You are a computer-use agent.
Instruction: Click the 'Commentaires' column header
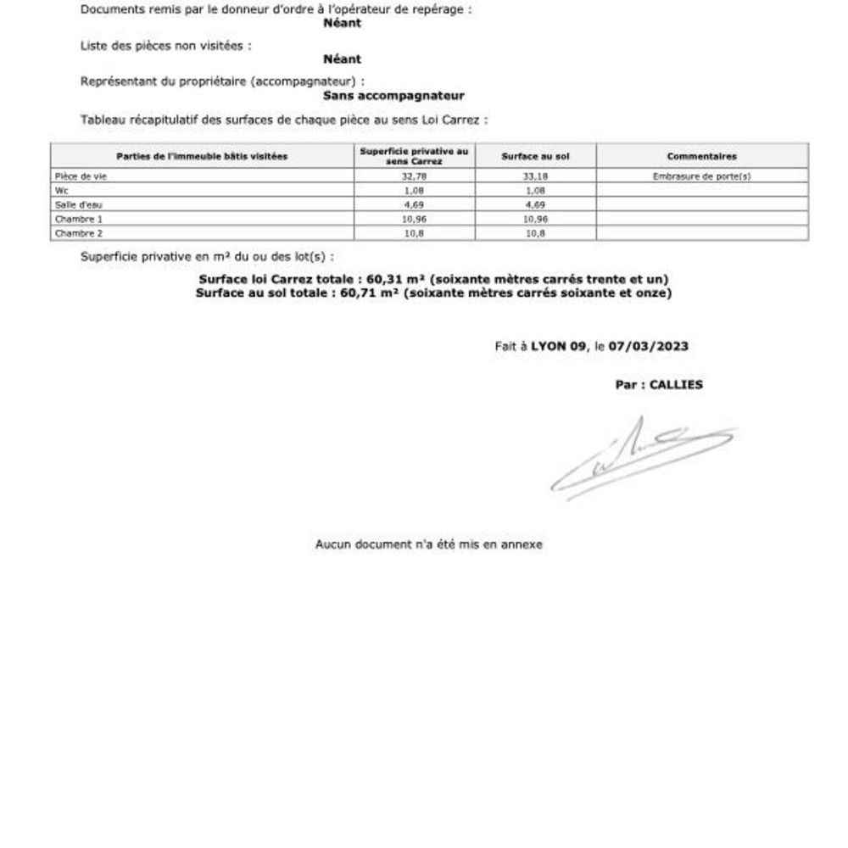(x=701, y=156)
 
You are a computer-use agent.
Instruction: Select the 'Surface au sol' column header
(x=535, y=156)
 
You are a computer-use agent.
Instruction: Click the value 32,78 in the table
(x=413, y=176)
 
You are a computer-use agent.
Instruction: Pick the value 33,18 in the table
(x=535, y=176)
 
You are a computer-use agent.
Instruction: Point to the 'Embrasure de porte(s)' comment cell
(x=701, y=176)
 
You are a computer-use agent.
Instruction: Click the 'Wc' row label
(x=60, y=191)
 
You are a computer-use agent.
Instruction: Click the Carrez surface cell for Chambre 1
(x=413, y=219)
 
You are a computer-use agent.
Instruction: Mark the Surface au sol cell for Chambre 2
(x=535, y=232)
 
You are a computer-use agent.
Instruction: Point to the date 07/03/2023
(x=648, y=346)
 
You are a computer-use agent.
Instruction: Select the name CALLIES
(x=676, y=384)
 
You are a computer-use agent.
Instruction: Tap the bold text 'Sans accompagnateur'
(x=393, y=96)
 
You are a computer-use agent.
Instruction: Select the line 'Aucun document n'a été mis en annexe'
(x=428, y=544)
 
